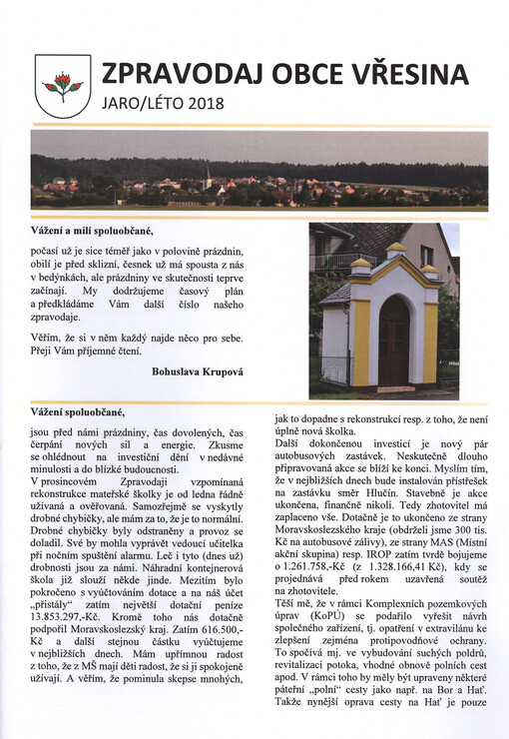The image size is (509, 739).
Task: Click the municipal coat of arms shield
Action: pyautogui.click(x=62, y=87)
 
